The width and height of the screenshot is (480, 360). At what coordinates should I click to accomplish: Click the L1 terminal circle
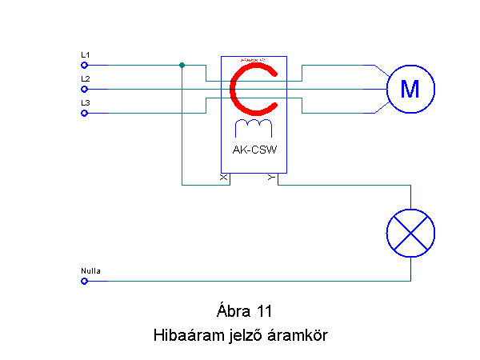[84, 65]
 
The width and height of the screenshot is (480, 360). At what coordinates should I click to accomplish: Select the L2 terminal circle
[84, 89]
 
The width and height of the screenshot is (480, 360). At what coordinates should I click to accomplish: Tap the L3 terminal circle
[84, 114]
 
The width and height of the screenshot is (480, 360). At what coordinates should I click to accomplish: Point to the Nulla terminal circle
[84, 281]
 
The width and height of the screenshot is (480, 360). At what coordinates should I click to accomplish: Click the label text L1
[85, 54]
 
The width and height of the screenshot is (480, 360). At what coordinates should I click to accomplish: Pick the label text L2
[85, 78]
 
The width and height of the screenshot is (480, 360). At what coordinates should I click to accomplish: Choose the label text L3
[85, 103]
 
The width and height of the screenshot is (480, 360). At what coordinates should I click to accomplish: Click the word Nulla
[90, 271]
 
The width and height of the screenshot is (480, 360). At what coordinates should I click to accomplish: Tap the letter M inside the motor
[410, 89]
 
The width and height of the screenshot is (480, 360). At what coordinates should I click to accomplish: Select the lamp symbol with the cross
[410, 233]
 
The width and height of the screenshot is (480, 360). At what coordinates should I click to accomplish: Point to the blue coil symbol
[253, 129]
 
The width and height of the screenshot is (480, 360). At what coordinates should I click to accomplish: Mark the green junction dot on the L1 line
[182, 65]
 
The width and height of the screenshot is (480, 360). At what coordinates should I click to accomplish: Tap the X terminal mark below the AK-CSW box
[223, 176]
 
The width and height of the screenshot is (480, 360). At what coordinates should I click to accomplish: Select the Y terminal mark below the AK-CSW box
[271, 176]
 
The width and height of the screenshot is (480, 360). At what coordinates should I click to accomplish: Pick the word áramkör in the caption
[298, 336]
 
